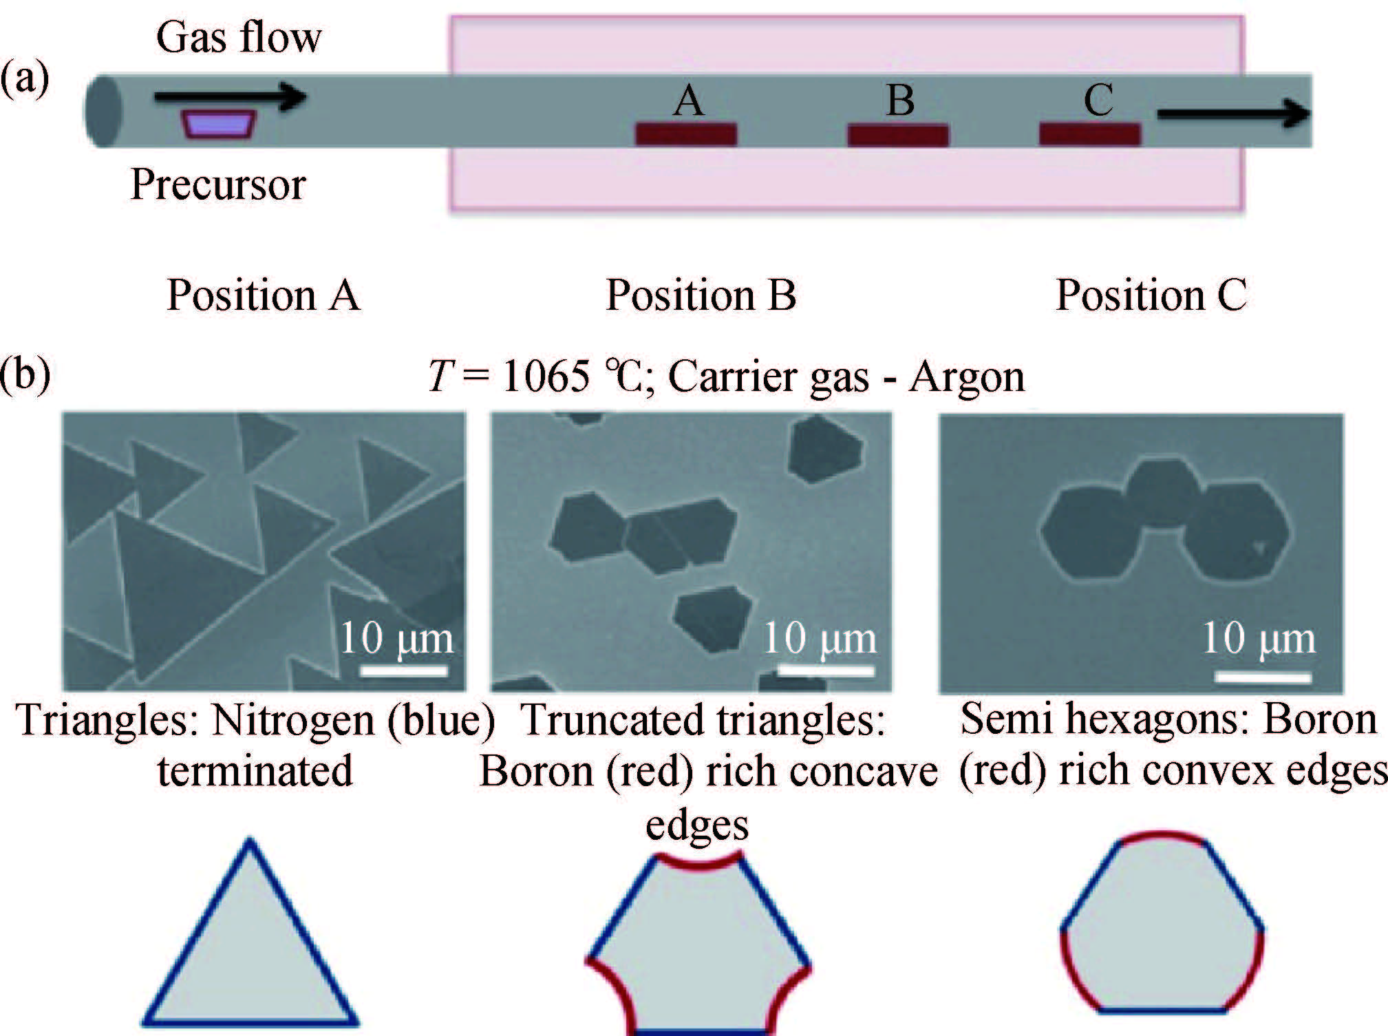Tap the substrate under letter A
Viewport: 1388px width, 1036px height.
(685, 134)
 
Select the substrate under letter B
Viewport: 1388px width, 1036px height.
(897, 134)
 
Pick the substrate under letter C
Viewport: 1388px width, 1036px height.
(1089, 134)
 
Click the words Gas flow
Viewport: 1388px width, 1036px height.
(238, 38)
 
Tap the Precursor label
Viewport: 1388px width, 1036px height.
(218, 184)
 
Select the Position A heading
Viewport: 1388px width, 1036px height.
(263, 295)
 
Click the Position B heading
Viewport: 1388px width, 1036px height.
(701, 295)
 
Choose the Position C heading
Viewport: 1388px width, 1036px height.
(1151, 295)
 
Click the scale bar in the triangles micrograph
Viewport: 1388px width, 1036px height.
(404, 670)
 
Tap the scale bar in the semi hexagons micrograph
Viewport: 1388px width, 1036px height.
(1263, 677)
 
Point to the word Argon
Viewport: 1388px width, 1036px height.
(967, 377)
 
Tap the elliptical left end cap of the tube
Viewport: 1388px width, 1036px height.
(104, 111)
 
